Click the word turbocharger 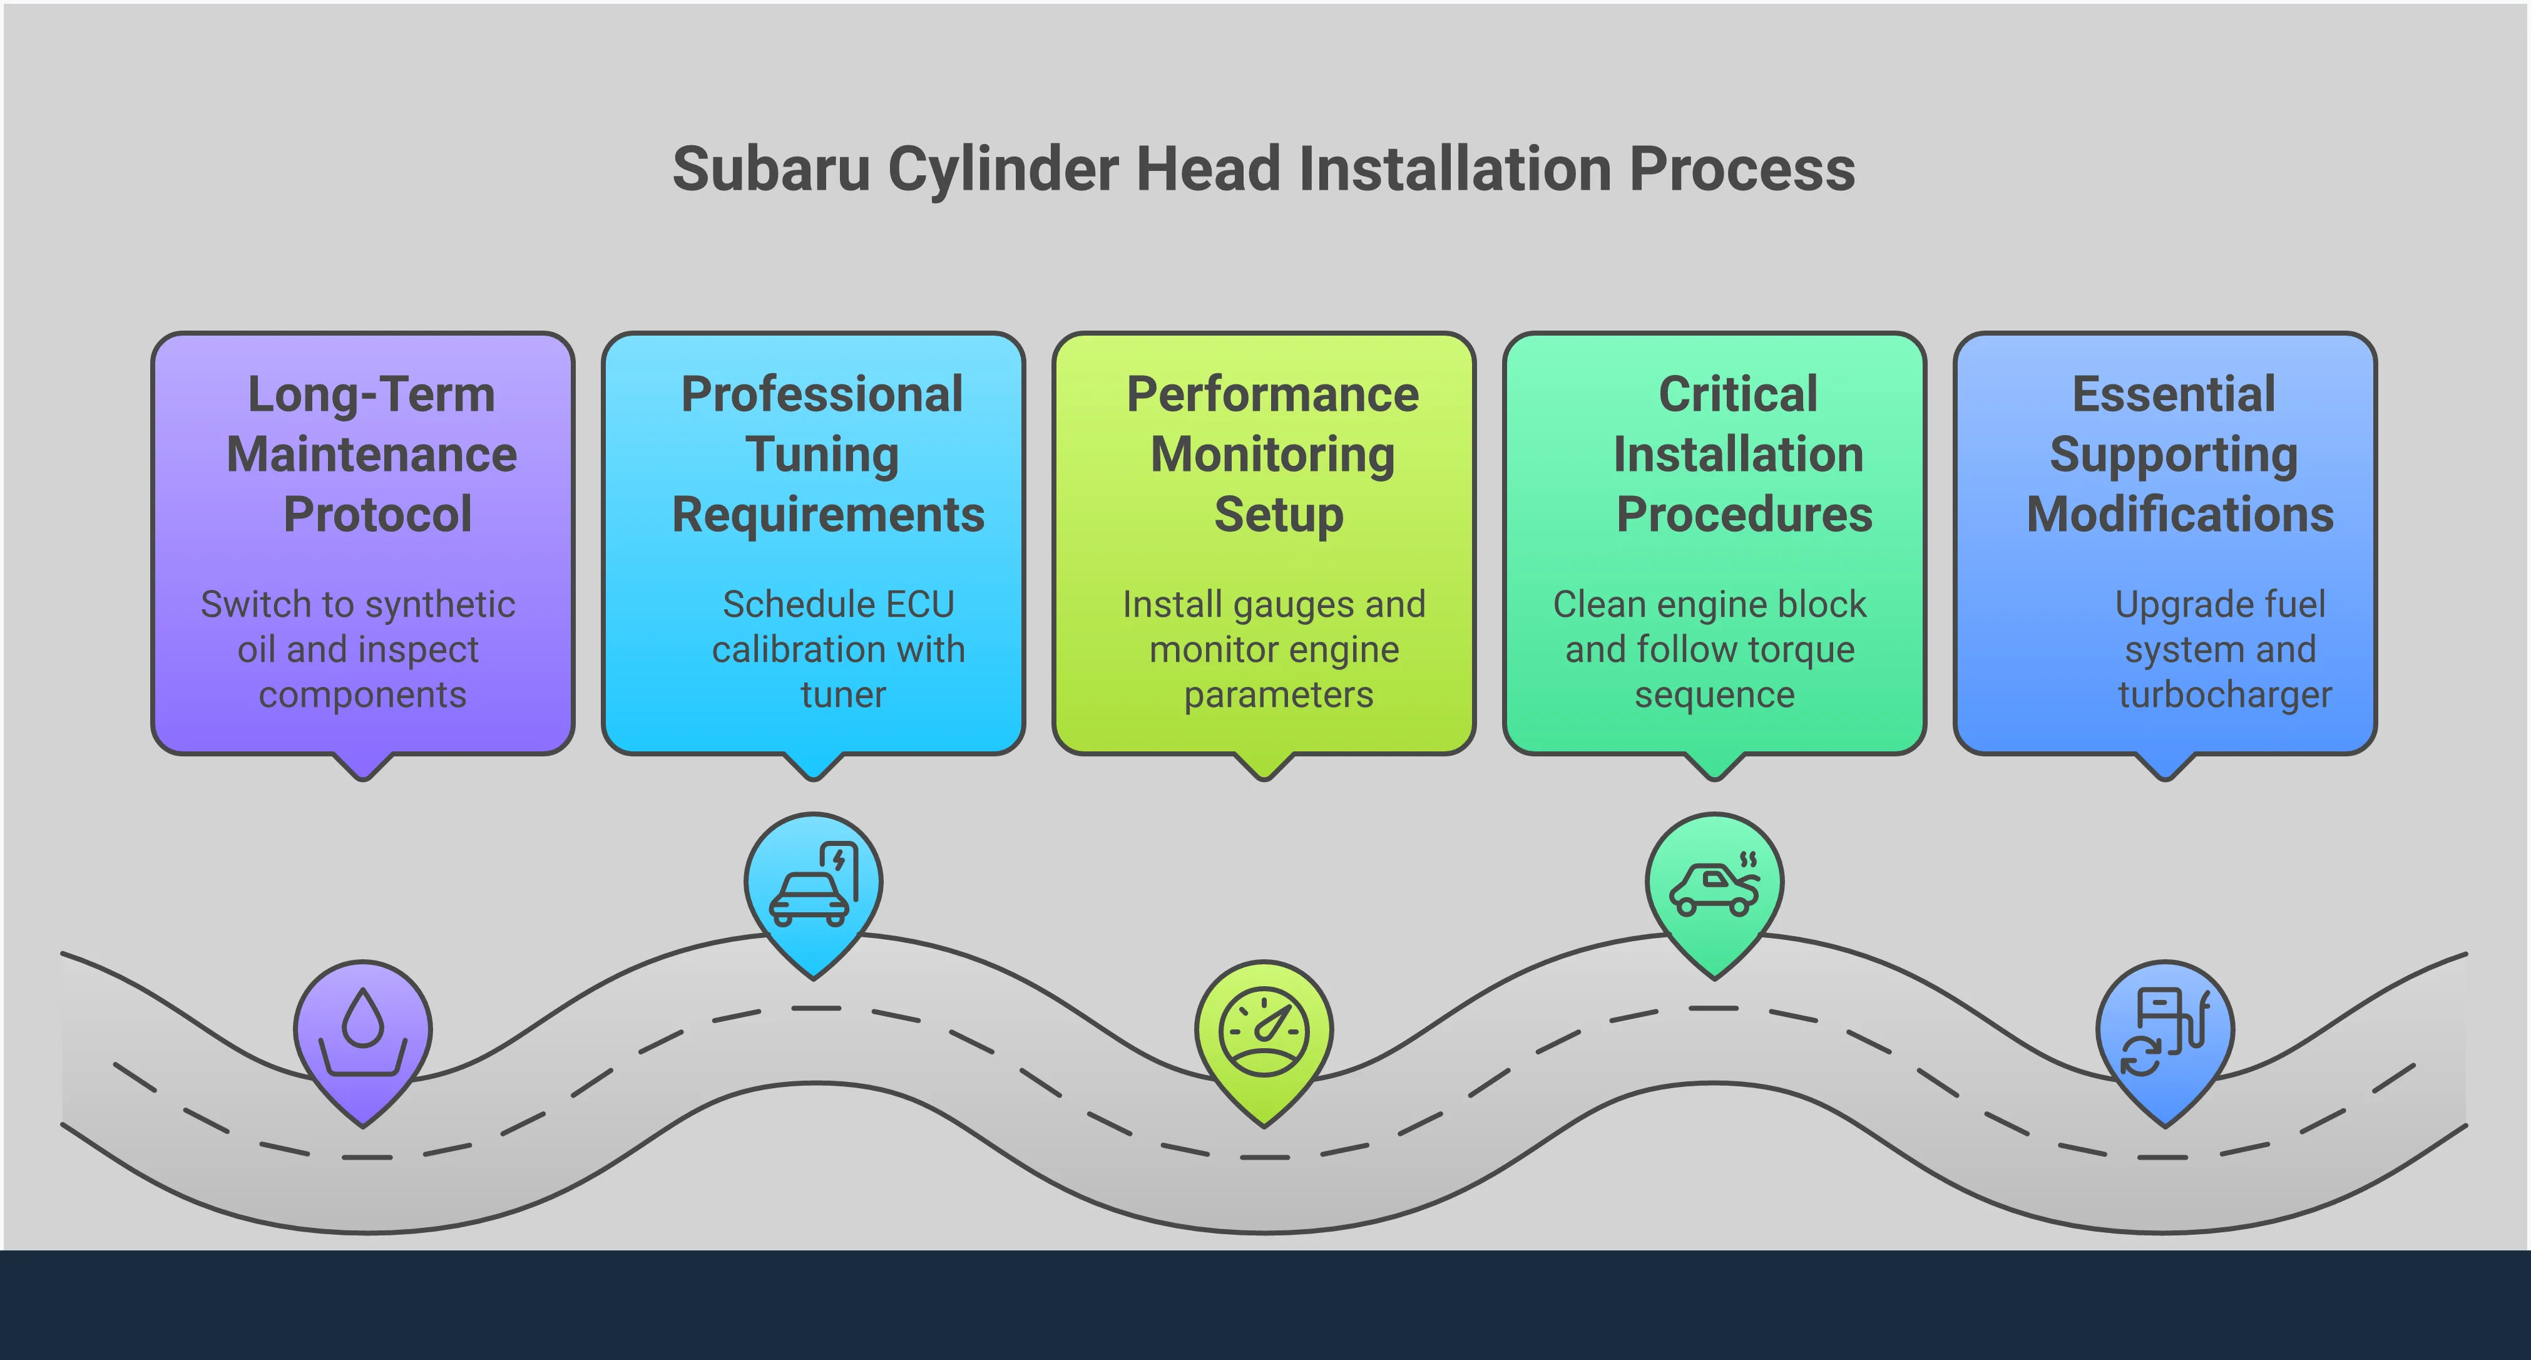[x=2224, y=695]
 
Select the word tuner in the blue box [x=842, y=695]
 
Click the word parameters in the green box [x=1277, y=696]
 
